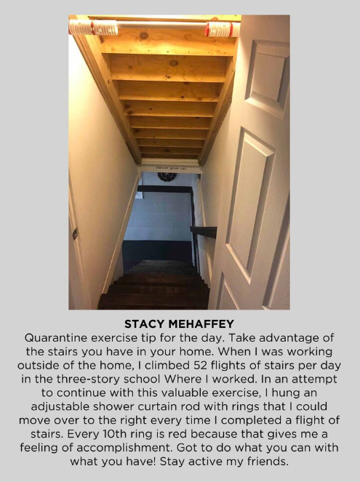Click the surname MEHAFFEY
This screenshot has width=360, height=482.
(x=204, y=324)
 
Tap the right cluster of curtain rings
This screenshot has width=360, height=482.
(x=222, y=29)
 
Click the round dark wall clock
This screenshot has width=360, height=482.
(x=167, y=177)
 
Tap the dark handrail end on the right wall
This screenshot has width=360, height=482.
(x=204, y=232)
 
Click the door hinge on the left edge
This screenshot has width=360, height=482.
(x=75, y=233)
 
